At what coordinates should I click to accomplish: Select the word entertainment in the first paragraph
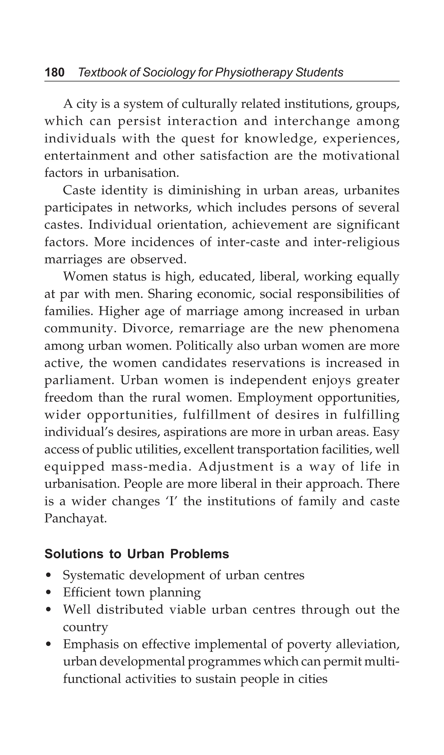tap(86, 156)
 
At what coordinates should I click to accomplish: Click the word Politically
tap(204, 346)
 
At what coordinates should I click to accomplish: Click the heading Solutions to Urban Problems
tap(137, 554)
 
